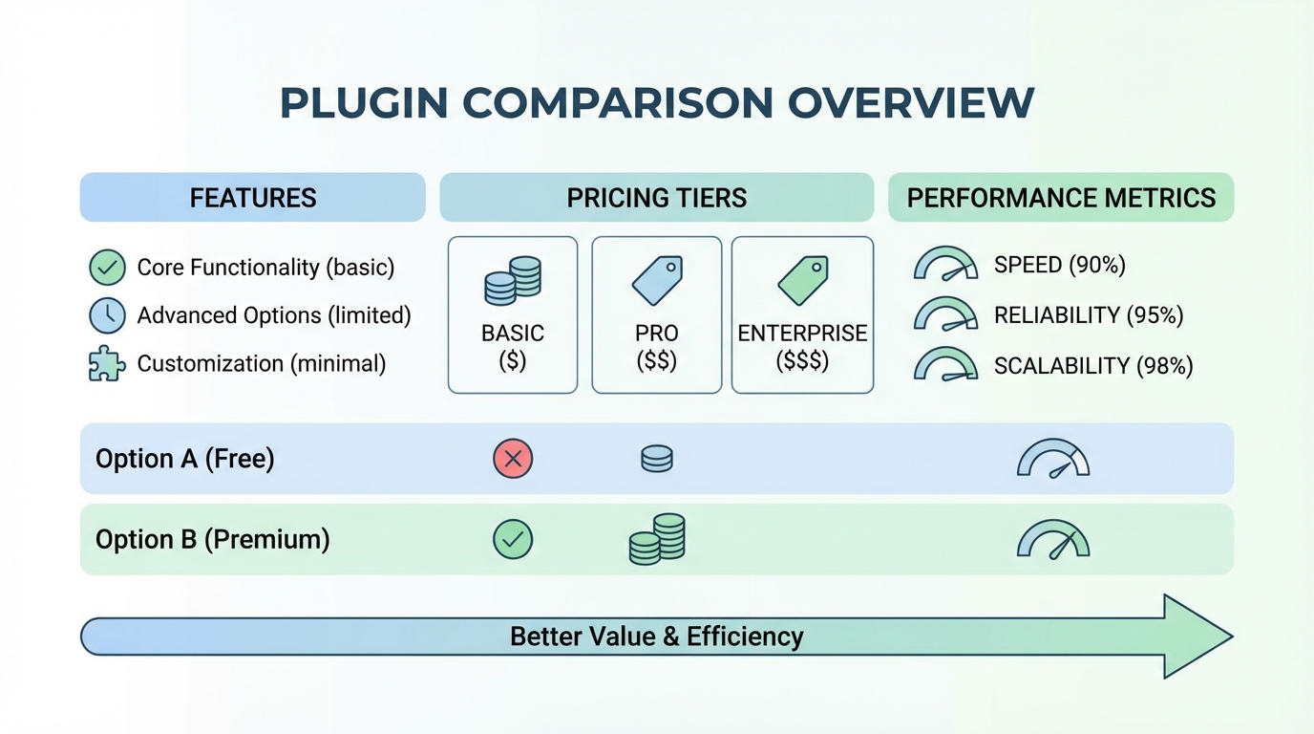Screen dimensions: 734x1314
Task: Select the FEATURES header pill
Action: coord(252,198)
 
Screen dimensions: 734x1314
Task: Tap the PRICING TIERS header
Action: coord(657,198)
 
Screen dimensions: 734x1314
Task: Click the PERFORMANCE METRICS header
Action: coord(1061,198)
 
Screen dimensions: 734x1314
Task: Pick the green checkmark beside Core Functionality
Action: coord(107,268)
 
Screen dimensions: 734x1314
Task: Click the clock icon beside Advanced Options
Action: coord(107,315)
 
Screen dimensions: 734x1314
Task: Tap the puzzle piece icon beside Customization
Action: coord(107,364)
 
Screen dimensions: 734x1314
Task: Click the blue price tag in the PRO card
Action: coord(657,280)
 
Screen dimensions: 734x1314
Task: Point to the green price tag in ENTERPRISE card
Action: coord(802,280)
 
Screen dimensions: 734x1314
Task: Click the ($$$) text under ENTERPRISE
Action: coord(802,361)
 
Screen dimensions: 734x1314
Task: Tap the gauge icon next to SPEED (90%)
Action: coord(945,265)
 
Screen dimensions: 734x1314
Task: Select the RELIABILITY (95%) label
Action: coord(1089,315)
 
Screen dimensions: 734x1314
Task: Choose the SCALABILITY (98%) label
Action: coord(1093,365)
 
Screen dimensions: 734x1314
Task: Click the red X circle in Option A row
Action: coord(513,459)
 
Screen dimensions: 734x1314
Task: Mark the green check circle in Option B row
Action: coord(513,540)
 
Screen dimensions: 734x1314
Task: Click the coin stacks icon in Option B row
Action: coord(657,539)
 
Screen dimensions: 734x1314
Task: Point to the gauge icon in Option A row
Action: coord(1053,459)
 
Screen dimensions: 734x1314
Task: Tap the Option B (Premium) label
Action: coord(212,540)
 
